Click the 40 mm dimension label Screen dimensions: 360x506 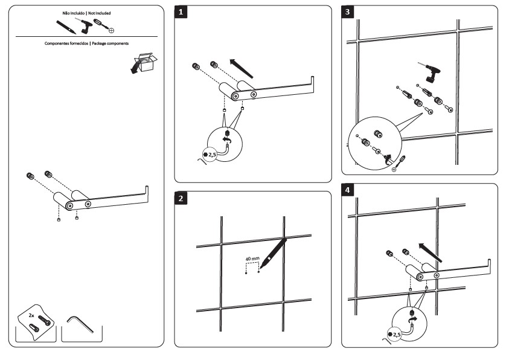point(252,259)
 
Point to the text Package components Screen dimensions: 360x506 point(109,43)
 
